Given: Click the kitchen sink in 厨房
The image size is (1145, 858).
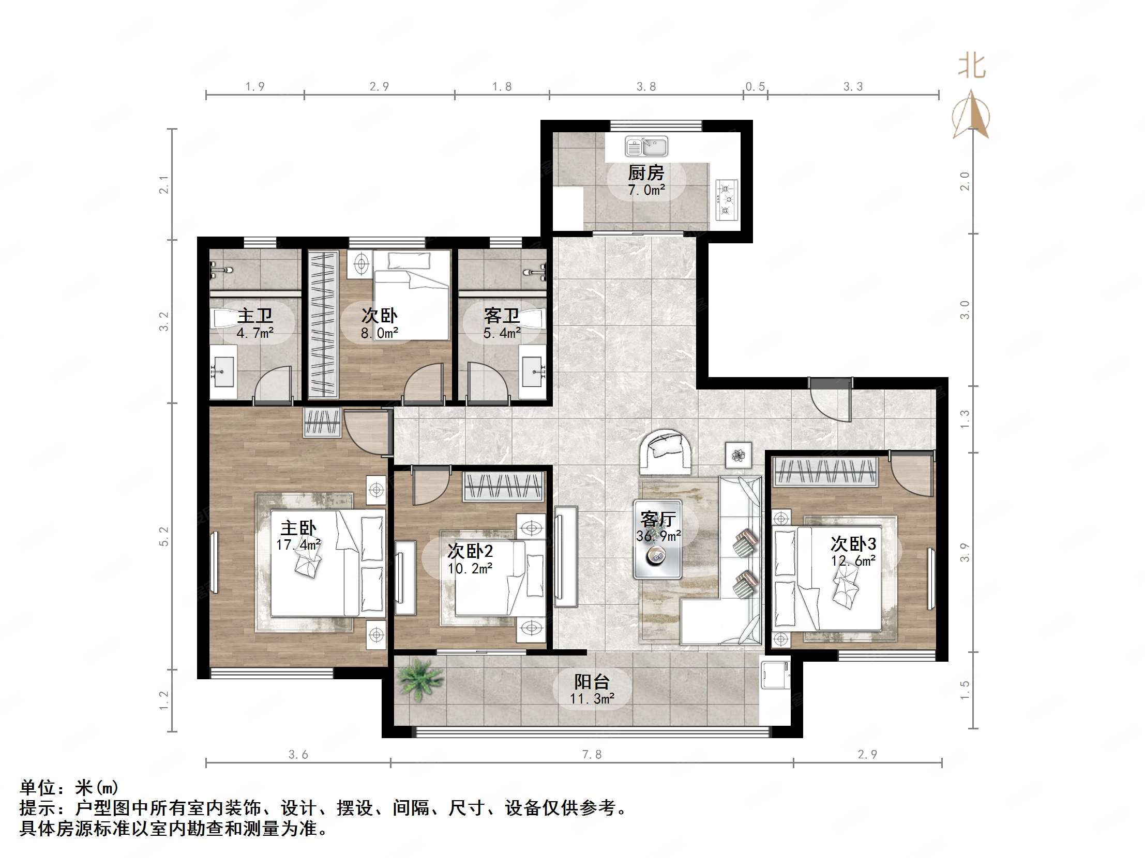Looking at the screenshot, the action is pos(646,147).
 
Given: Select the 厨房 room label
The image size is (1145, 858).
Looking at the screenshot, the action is pos(646,172).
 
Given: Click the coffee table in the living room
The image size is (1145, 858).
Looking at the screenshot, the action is pos(657,539).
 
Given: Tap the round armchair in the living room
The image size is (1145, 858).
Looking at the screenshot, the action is pos(665,451).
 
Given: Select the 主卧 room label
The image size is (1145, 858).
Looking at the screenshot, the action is pos(298,528).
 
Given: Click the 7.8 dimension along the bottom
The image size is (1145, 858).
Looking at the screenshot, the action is pos(592,755).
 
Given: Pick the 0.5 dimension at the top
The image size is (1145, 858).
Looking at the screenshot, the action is pos(755,86).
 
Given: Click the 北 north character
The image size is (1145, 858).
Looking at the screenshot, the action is pos(972,67).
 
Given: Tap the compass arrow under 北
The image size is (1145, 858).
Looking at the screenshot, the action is pos(972,115).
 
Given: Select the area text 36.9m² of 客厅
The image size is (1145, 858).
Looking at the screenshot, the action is pos(658,536).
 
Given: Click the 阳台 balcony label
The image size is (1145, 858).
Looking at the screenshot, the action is pos(592,682).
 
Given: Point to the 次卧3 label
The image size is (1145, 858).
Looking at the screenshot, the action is pos(853,543).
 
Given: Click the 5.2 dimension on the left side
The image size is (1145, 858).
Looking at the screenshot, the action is pos(164,536).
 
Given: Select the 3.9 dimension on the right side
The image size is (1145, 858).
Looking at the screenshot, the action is pos(965,552).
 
